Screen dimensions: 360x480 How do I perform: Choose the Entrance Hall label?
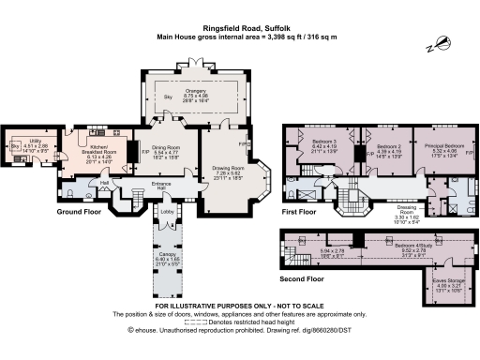168,186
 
